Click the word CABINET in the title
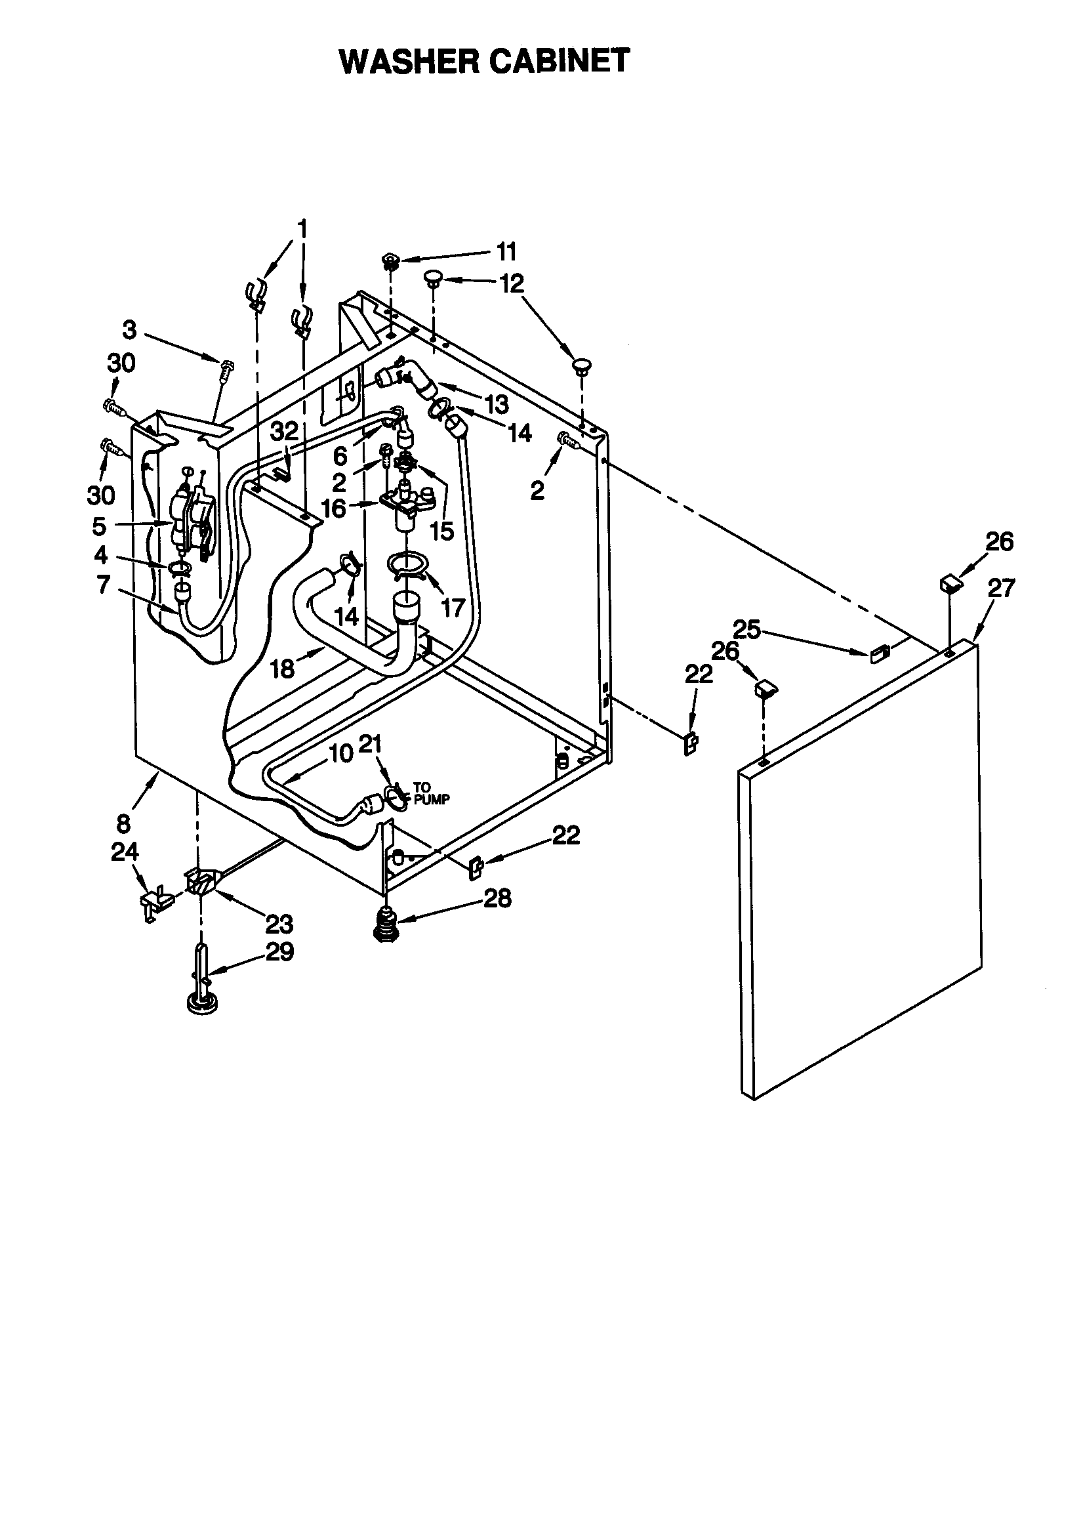(560, 62)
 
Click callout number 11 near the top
(506, 253)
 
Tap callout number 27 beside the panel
(1001, 588)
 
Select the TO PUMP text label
(431, 793)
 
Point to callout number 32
(285, 431)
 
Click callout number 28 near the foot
(498, 898)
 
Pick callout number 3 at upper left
(130, 329)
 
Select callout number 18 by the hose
(282, 668)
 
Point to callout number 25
(747, 629)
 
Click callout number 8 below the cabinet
(123, 824)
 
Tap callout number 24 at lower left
(125, 852)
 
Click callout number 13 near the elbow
(496, 404)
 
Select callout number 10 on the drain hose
(340, 754)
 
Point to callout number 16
(333, 508)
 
